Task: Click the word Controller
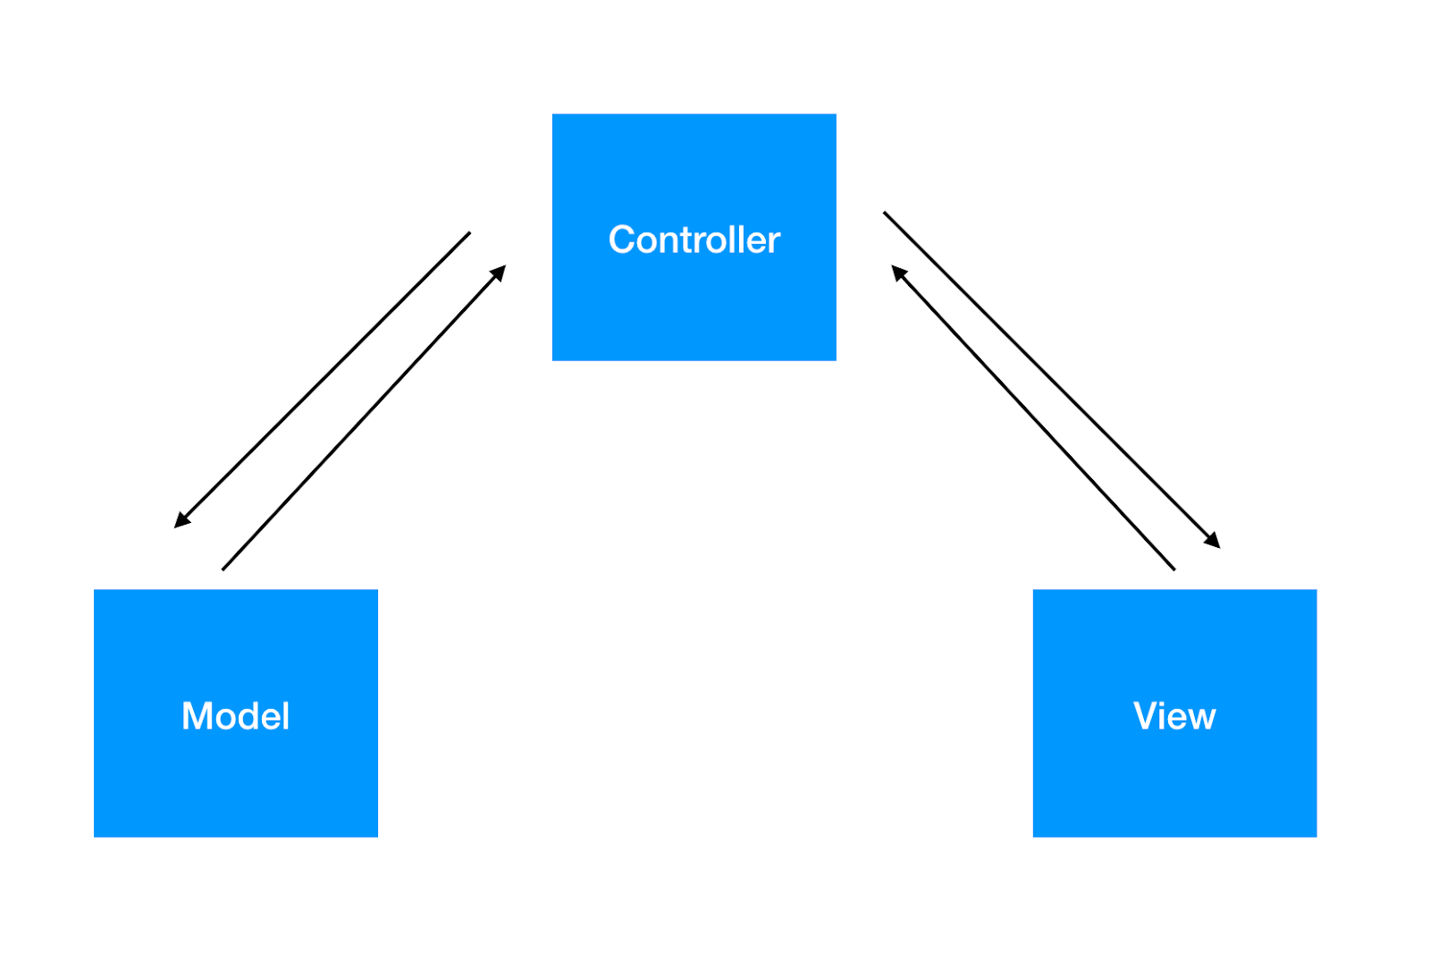[694, 240]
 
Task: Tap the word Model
[235, 716]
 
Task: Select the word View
[1174, 716]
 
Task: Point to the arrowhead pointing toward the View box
[1215, 543]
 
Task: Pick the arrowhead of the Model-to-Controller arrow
[501, 269]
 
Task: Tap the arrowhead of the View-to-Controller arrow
[896, 270]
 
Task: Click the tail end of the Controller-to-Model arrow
[469, 233]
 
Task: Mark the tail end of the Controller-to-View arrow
[884, 213]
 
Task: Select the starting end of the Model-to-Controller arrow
[223, 569]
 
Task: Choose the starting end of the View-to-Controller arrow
[1174, 569]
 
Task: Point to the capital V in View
[1145, 716]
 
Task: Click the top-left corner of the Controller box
[553, 114]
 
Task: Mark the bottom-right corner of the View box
[1316, 836]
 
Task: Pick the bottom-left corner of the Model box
[95, 836]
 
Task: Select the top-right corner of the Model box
[377, 590]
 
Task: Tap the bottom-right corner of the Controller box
[836, 360]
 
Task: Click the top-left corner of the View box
[1034, 590]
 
